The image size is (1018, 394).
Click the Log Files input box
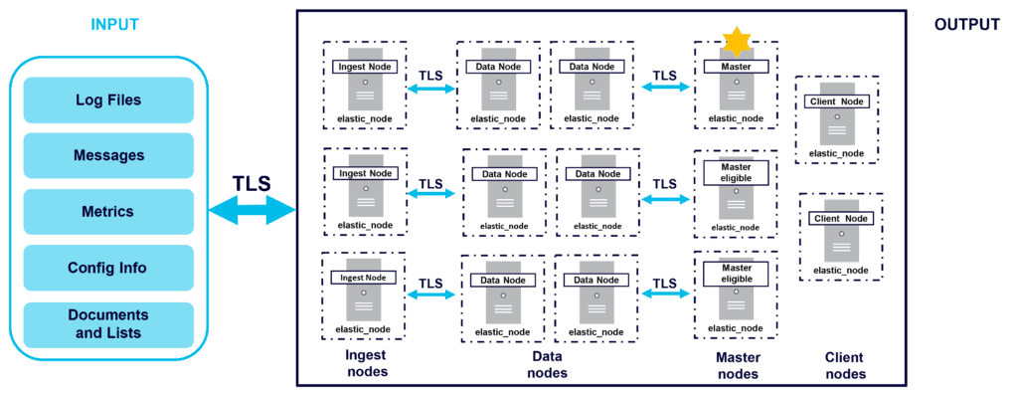108,100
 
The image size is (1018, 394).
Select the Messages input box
108,156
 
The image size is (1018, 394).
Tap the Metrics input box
108,212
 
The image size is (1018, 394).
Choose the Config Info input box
108,268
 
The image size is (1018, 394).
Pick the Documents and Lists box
108,324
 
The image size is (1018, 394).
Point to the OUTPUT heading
966,25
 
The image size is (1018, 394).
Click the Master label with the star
736,67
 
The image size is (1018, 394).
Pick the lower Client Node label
841,218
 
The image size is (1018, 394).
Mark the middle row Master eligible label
736,172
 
